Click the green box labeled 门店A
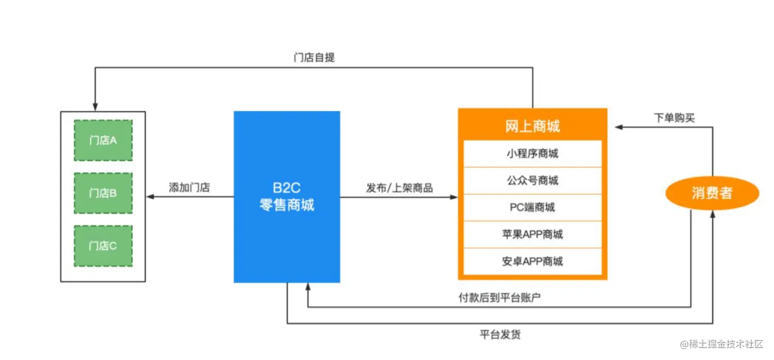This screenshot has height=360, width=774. click(x=103, y=140)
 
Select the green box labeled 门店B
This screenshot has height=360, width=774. click(x=103, y=193)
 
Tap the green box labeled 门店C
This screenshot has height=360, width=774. click(x=103, y=246)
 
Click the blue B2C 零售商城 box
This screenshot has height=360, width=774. click(x=287, y=197)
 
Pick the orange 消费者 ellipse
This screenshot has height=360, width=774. click(x=712, y=193)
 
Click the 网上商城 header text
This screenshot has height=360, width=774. click(x=532, y=126)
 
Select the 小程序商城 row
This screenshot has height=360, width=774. click(x=532, y=154)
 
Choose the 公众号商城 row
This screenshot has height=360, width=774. click(x=532, y=181)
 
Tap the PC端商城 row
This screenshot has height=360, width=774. click(x=532, y=207)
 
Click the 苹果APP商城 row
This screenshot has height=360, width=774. click(x=532, y=234)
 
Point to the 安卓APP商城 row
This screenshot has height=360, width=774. click(x=532, y=261)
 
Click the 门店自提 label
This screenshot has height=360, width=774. click(x=314, y=57)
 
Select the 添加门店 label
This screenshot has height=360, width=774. click(x=189, y=188)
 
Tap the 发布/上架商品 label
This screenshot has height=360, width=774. click(x=399, y=188)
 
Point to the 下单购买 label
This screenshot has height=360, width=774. click(x=674, y=118)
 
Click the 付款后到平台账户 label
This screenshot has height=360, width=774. click(x=500, y=298)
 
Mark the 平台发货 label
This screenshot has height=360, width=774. click(x=500, y=334)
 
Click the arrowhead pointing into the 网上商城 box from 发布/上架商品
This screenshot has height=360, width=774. click(x=454, y=197)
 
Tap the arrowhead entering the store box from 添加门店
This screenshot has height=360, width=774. click(x=150, y=197)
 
